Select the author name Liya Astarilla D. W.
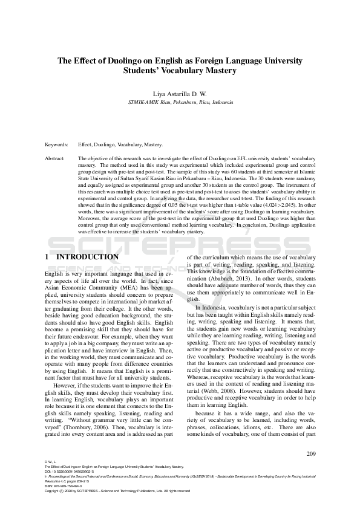pos(180,94)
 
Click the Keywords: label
pos(57,146)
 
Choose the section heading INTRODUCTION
pos(87,257)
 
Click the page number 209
pos(311,454)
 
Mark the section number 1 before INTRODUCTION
pos(47,257)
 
